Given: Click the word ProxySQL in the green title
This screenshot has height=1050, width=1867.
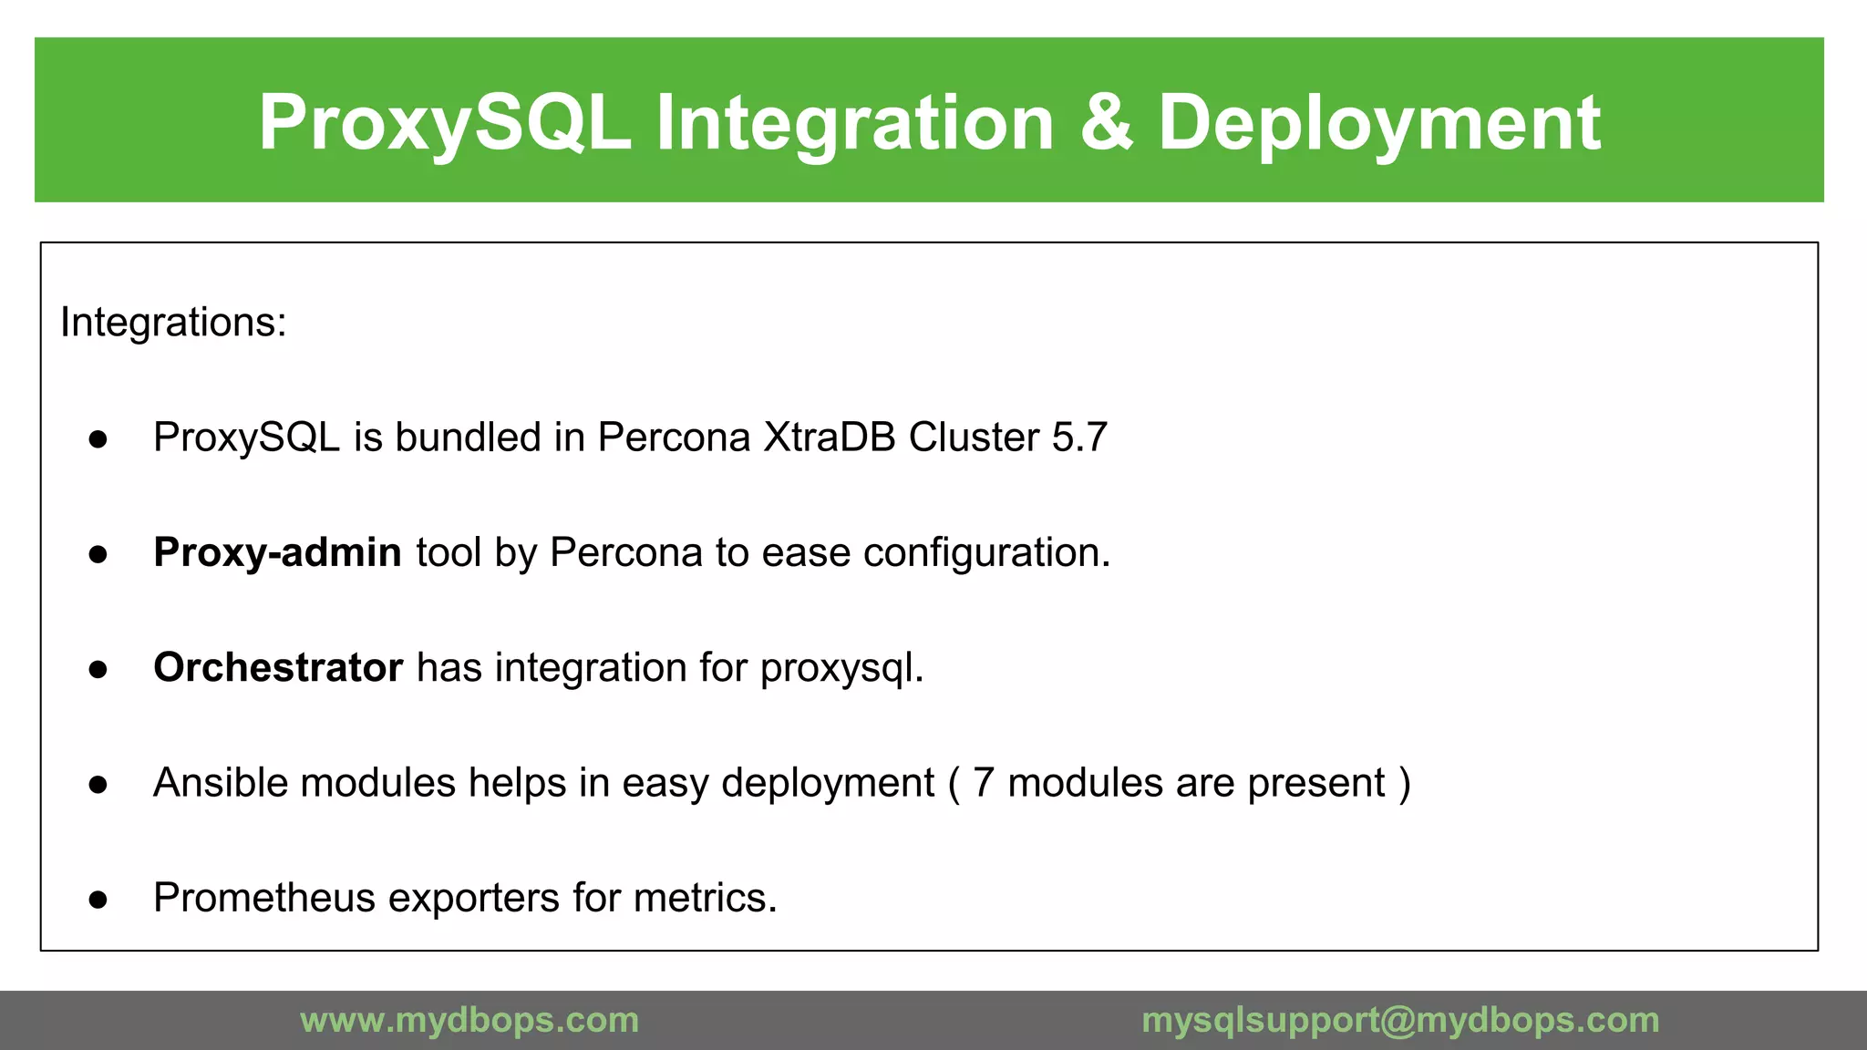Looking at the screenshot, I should click(444, 122).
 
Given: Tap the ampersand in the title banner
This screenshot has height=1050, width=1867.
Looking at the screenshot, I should click(1106, 122).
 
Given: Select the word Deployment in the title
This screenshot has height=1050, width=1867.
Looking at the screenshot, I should click(1378, 122).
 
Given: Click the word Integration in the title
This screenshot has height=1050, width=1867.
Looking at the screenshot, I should click(854, 122).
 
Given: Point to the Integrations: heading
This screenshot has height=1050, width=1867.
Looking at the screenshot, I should click(173, 323).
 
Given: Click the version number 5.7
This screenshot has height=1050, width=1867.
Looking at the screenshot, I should click(1079, 437).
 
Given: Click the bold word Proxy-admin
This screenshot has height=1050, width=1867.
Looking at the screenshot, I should click(277, 552).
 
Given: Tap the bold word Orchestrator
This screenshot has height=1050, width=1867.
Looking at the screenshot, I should click(278, 667).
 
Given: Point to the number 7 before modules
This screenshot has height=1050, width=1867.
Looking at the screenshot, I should click(983, 783).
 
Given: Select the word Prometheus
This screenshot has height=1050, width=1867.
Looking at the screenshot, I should click(264, 898).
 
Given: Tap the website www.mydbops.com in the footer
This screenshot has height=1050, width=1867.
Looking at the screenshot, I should click(469, 1020).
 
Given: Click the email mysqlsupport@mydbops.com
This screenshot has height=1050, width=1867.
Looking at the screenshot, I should click(1400, 1020).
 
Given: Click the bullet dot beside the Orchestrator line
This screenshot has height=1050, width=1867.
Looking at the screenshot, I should click(98, 670).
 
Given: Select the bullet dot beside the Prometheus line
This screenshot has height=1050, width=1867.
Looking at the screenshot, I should click(98, 901).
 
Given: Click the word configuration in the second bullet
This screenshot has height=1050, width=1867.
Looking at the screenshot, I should click(985, 552).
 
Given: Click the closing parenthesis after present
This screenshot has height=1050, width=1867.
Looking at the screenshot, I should click(1404, 783).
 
